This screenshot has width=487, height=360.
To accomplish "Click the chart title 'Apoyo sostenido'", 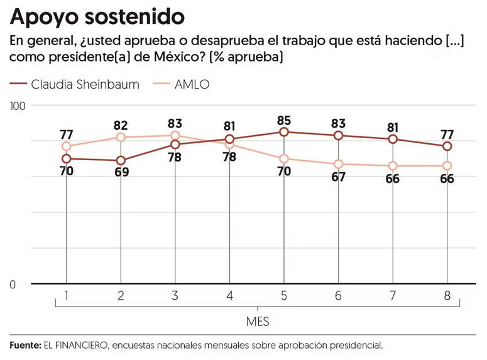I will click(x=97, y=15).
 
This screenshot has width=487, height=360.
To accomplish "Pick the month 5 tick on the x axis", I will click(x=284, y=295).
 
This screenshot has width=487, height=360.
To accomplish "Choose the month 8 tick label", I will click(x=447, y=295).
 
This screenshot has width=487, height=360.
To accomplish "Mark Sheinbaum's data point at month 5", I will click(x=284, y=132).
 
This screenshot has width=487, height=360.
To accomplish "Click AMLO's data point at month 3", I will click(x=175, y=136).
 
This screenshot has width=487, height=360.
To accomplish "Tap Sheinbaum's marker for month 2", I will click(x=121, y=160).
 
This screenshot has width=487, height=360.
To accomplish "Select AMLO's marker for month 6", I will click(x=339, y=164).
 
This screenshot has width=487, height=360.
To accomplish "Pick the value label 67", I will click(x=339, y=177).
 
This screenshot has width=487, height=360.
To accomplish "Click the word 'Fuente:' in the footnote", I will click(x=25, y=345).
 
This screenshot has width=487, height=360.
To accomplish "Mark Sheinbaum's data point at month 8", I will click(x=447, y=146).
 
